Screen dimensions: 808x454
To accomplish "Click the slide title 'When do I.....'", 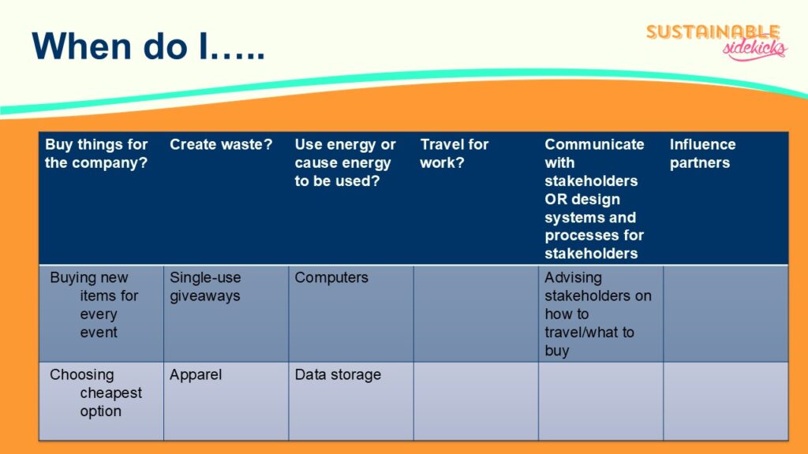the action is (x=148, y=47).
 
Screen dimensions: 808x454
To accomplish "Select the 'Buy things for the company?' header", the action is (x=96, y=154).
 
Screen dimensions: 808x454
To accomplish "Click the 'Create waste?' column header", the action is (x=221, y=145).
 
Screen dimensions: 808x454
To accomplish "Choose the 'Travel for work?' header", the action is (x=454, y=154).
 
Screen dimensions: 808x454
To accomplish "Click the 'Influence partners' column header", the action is (x=702, y=154).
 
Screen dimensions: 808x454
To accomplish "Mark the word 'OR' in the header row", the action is (x=555, y=199).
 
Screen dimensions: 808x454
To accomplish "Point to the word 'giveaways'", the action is (x=205, y=296).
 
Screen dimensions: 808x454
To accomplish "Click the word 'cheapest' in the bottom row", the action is (x=110, y=393).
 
